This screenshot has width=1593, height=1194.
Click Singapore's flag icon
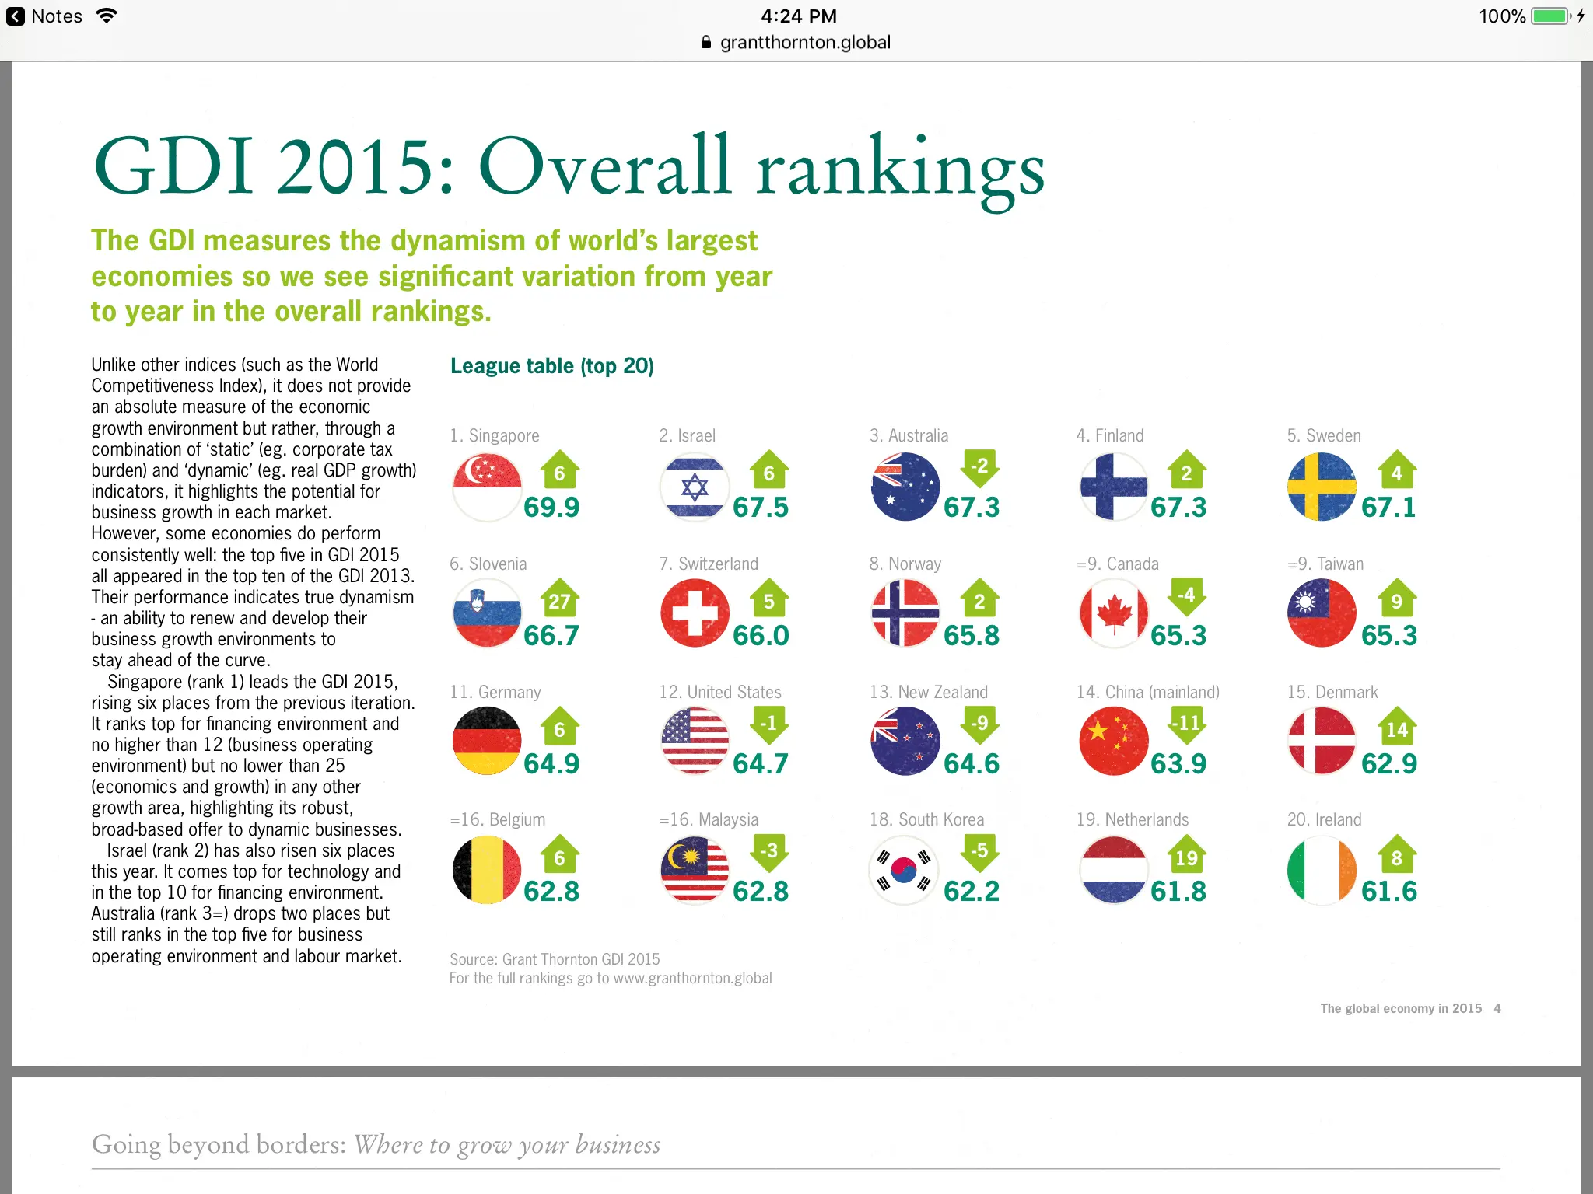coord(487,487)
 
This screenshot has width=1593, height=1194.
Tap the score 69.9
coord(551,508)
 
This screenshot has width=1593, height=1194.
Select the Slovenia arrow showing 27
coord(559,597)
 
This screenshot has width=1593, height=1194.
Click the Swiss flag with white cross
coord(695,613)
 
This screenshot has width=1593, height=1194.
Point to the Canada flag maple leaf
coord(1114,613)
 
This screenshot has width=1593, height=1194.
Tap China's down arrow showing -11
coord(1188,725)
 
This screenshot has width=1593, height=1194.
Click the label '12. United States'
coord(720,692)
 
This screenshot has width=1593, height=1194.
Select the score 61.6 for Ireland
coord(1389,892)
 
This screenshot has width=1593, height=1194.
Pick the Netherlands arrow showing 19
coord(1186,854)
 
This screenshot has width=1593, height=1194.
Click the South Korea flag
coord(904,870)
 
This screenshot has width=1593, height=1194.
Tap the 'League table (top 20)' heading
coord(552,366)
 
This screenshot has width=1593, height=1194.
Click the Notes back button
coord(44,16)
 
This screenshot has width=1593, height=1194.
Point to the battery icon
coord(1551,16)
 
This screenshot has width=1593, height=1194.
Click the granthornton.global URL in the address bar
coord(805,43)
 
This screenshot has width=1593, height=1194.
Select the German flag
coord(487,741)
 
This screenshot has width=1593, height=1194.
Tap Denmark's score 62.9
coord(1389,764)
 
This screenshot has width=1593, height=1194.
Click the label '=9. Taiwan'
coord(1325,564)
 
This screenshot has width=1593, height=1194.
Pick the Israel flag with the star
coord(695,487)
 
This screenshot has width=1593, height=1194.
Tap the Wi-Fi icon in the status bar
coord(107,16)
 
